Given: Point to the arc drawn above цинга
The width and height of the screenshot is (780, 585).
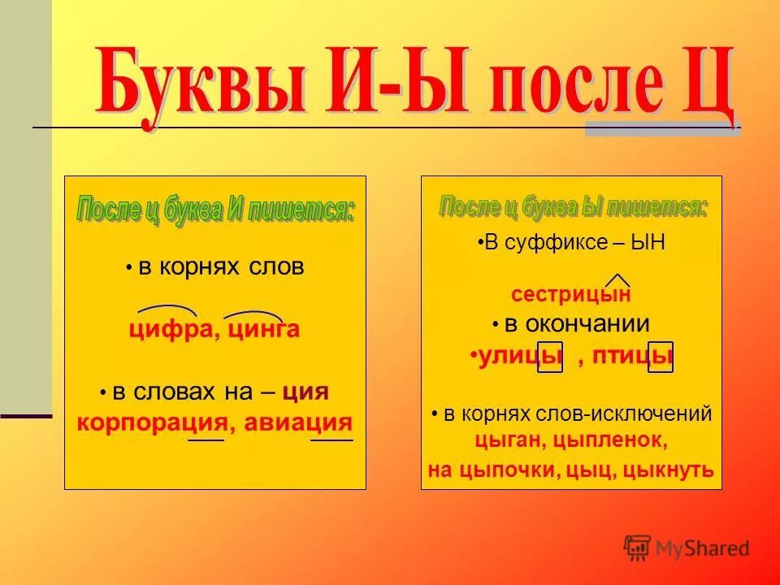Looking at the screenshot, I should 253,313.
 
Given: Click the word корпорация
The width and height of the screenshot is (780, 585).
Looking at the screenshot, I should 151,423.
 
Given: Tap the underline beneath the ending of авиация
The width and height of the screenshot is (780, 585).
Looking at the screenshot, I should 331,440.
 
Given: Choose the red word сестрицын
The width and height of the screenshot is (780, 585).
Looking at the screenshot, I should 570,295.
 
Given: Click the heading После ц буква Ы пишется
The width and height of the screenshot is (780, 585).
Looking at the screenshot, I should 573,207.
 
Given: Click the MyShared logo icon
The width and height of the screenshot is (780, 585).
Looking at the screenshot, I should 638,548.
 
